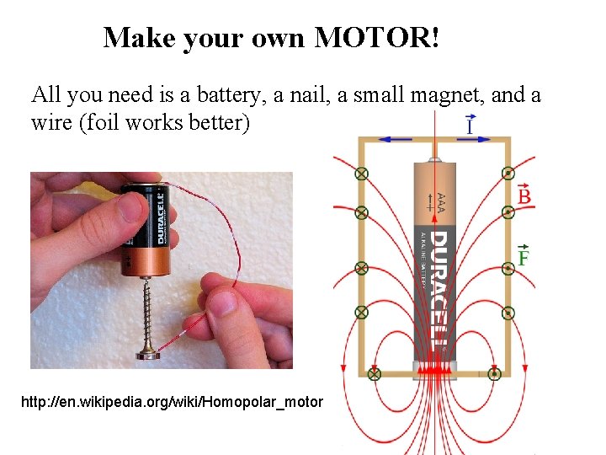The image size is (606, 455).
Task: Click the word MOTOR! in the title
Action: (378, 37)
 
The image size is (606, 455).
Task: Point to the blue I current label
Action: (471, 126)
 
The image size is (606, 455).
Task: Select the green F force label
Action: (524, 257)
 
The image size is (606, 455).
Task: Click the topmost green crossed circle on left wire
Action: (362, 174)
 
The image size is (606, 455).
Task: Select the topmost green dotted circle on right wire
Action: (508, 174)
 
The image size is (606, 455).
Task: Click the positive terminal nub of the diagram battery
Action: (434, 158)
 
